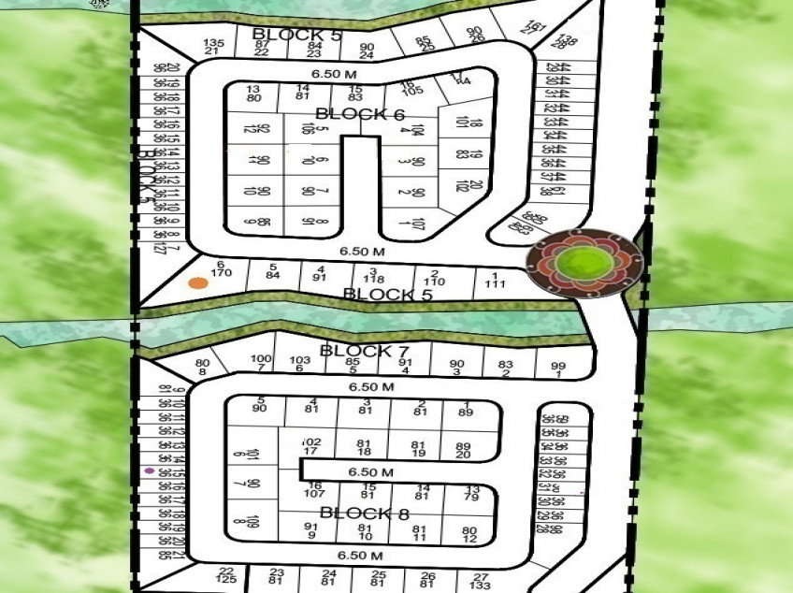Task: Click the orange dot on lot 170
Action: click(x=197, y=283)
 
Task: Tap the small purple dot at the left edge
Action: click(x=149, y=470)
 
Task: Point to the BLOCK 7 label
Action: click(x=365, y=351)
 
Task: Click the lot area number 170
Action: click(x=222, y=274)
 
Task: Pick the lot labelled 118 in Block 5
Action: click(x=374, y=279)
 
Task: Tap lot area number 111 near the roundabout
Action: click(x=496, y=283)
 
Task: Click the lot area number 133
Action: click(x=481, y=586)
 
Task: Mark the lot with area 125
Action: click(x=225, y=581)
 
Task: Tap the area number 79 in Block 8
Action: click(x=471, y=497)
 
